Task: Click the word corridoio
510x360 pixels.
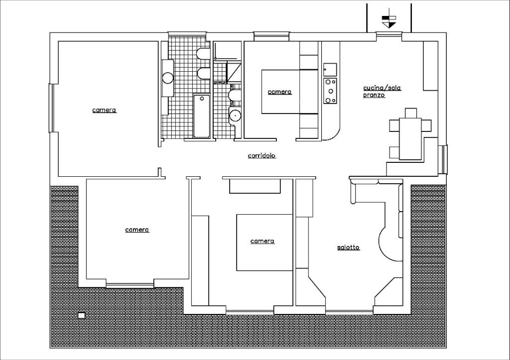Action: tap(262, 156)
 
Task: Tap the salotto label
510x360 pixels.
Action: tap(348, 247)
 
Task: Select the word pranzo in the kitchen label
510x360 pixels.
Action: tap(374, 95)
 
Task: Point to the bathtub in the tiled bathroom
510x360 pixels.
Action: tap(202, 116)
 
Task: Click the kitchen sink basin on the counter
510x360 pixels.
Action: tap(330, 69)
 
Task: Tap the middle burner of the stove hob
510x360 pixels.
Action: tap(331, 91)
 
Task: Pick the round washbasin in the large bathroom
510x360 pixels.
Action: tap(168, 78)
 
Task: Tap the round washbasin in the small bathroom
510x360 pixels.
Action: tap(235, 115)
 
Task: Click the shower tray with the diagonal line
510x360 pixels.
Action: tap(234, 72)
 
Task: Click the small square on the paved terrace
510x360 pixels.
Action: tap(81, 315)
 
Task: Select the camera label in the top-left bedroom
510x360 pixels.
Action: tap(105, 110)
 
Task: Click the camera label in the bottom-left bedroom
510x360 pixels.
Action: tap(137, 230)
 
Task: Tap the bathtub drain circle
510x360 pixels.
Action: tap(202, 98)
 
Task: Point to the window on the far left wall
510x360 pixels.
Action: tap(50, 108)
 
